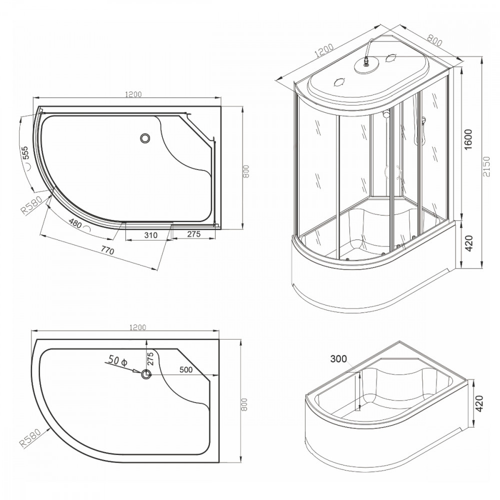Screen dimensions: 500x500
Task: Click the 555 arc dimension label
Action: click(25, 152)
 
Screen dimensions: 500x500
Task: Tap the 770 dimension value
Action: click(108, 251)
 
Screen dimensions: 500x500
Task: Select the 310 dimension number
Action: click(151, 235)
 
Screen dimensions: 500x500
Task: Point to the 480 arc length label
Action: click(75, 224)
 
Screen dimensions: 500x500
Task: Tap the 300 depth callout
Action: click(338, 359)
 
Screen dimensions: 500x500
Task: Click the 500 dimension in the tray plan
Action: click(186, 369)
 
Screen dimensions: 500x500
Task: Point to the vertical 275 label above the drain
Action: click(150, 358)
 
